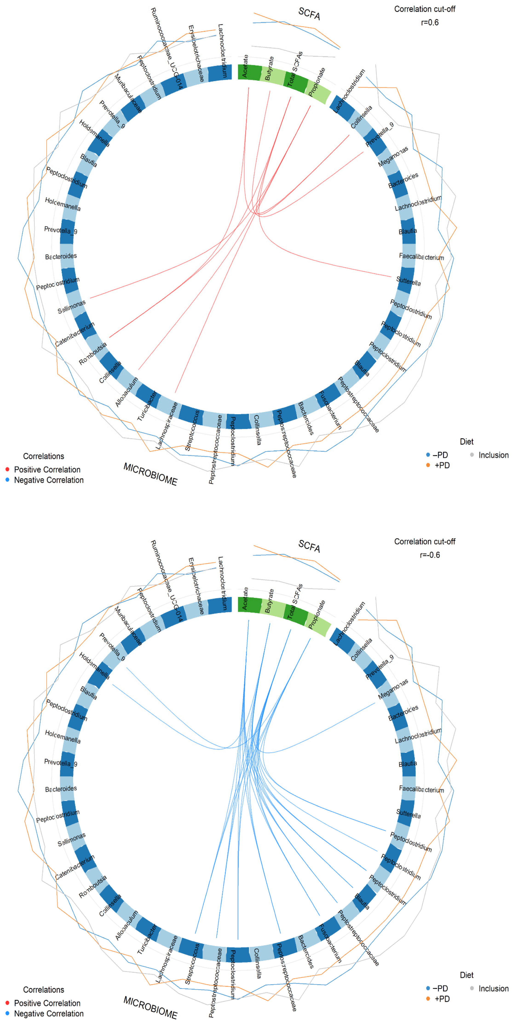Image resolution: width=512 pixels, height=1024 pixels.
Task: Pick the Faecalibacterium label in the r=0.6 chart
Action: [421, 257]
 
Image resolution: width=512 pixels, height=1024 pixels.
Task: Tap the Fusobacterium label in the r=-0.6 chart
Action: [331, 943]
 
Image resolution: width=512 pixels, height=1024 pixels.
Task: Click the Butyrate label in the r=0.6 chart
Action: [269, 68]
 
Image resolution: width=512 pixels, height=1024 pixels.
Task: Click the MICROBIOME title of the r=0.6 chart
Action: [150, 474]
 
